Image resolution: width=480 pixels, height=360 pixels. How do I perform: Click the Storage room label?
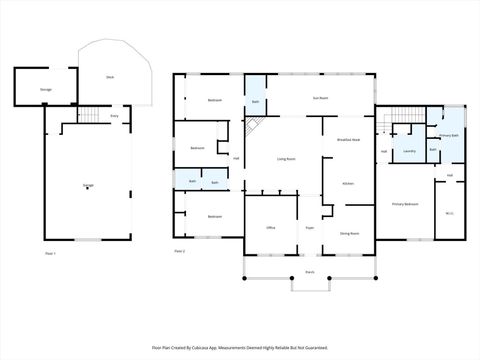pyautogui.click(x=46, y=90)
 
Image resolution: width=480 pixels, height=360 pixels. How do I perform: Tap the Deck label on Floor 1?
pyautogui.click(x=109, y=77)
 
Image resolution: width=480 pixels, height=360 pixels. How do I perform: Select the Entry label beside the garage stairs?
pyautogui.click(x=115, y=117)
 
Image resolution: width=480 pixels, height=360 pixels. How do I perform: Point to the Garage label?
pyautogui.click(x=88, y=186)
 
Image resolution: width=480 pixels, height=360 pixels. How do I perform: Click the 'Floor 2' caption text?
pyautogui.click(x=180, y=250)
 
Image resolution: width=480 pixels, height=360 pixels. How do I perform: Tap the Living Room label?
pyautogui.click(x=285, y=158)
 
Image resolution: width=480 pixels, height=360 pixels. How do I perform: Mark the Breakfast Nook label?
pyautogui.click(x=349, y=140)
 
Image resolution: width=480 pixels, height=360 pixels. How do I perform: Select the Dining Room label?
pyautogui.click(x=349, y=232)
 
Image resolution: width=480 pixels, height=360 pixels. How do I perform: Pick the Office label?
pyautogui.click(x=270, y=228)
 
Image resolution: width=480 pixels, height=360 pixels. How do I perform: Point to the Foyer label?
pyautogui.click(x=310, y=228)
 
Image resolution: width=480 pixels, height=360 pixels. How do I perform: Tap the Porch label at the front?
pyautogui.click(x=310, y=272)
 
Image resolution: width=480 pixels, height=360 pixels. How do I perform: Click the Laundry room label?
pyautogui.click(x=409, y=152)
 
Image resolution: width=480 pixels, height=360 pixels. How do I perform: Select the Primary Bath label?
pyautogui.click(x=448, y=135)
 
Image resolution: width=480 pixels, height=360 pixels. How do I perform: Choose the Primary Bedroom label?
pyautogui.click(x=405, y=203)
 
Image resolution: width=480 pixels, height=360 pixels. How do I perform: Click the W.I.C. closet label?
pyautogui.click(x=449, y=212)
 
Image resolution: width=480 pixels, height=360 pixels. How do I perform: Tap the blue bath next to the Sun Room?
pyautogui.click(x=256, y=101)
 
